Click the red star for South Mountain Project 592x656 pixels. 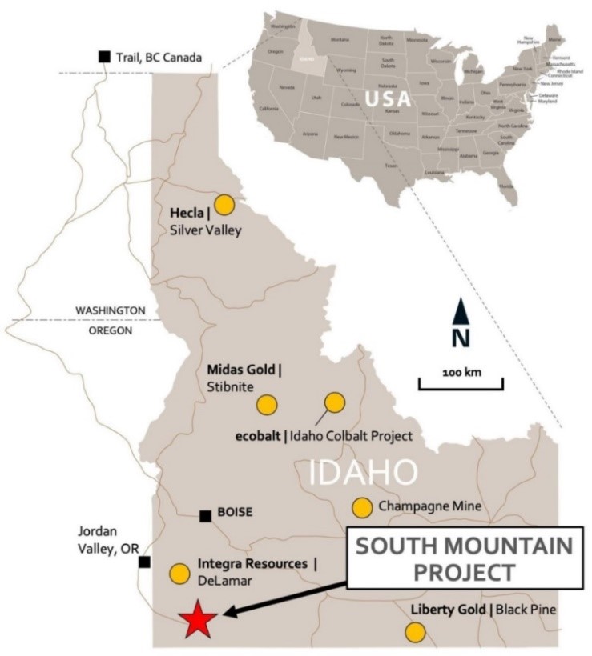196,619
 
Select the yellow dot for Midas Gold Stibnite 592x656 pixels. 266,405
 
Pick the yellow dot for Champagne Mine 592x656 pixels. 362,506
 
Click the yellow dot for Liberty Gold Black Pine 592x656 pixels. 414,632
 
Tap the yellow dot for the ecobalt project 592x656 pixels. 334,402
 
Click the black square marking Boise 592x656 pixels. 206,516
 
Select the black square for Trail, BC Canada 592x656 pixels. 104,56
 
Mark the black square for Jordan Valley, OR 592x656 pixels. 144,562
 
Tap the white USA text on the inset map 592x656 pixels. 388,98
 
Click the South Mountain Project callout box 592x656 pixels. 465,560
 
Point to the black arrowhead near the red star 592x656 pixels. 228,614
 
